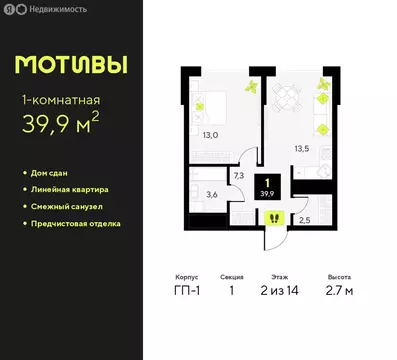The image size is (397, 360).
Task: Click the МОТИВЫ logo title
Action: tap(71, 65)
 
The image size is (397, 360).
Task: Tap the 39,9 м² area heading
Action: tap(64, 124)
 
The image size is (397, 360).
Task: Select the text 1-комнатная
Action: tap(61, 98)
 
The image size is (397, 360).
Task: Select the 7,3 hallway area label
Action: tap(239, 174)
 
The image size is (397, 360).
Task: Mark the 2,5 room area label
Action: tap(304, 219)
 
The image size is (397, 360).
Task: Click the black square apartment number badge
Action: tap(268, 187)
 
